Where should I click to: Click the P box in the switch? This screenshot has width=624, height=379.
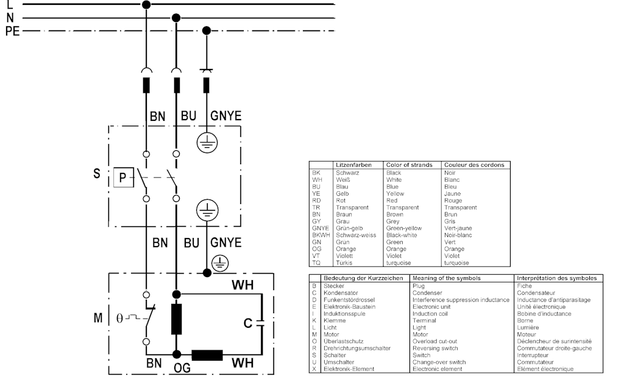click(122, 178)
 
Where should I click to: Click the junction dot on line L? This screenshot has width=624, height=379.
click(146, 5)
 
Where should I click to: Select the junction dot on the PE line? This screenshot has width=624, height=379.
click(207, 30)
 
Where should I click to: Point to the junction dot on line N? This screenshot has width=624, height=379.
click(176, 17)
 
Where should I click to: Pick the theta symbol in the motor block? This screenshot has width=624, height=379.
click(119, 318)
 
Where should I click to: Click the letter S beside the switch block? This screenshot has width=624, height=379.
click(96, 173)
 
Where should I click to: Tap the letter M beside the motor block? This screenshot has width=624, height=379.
click(97, 318)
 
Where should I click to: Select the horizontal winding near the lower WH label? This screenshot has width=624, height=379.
click(207, 355)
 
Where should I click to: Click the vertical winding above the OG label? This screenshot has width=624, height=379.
click(177, 319)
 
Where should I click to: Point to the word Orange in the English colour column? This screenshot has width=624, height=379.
click(396, 249)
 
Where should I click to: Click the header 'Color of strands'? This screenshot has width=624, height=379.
click(410, 165)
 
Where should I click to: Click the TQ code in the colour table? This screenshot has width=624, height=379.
click(316, 262)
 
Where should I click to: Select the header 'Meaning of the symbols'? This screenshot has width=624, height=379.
click(447, 278)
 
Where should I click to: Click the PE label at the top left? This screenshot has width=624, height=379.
click(13, 31)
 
